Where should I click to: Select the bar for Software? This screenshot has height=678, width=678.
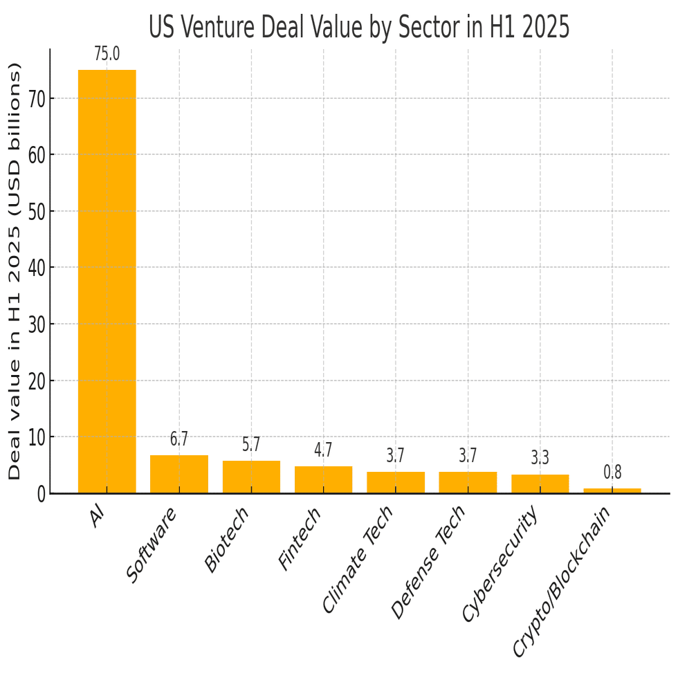[179, 474]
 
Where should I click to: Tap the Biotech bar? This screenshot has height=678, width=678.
[251, 477]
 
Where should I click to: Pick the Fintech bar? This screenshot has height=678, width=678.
[323, 479]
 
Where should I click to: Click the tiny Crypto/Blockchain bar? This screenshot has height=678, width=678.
[612, 491]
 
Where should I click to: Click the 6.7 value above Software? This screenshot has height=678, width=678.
[179, 439]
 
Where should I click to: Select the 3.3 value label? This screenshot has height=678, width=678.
[540, 458]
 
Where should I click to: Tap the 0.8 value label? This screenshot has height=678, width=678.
[612, 473]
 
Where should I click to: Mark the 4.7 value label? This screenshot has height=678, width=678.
[323, 450]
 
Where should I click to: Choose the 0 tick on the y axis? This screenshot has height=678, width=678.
[42, 494]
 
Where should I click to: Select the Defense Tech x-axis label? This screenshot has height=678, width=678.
[429, 562]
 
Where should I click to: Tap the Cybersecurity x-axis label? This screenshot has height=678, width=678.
[500, 563]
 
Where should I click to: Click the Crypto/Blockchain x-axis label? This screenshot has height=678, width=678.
[562, 581]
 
